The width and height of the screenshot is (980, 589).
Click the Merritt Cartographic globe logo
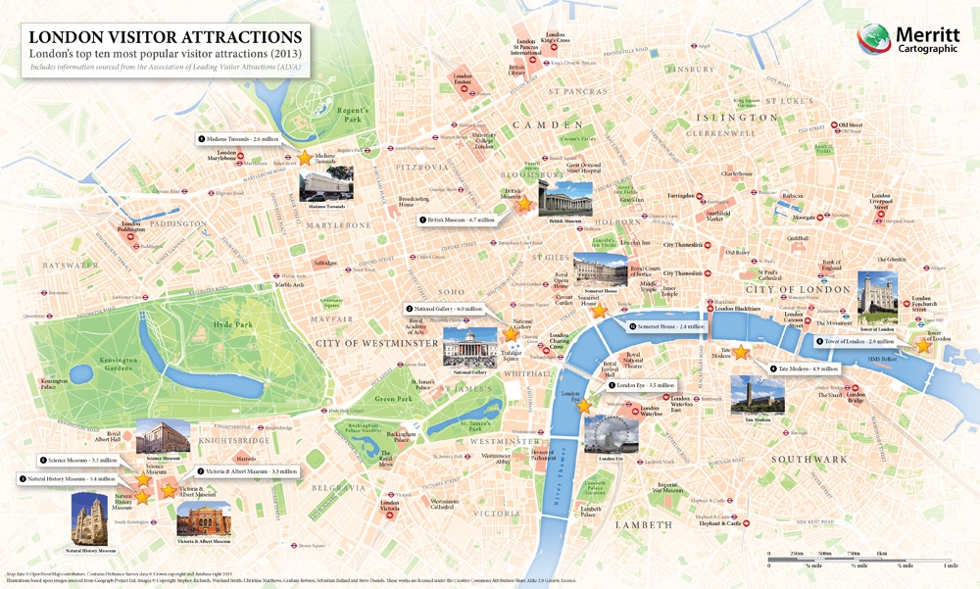coord(874,40)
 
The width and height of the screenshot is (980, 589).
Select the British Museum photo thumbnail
coord(565,199)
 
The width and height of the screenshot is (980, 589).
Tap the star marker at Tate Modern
coord(742,352)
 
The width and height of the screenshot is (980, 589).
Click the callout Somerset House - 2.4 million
coord(668,326)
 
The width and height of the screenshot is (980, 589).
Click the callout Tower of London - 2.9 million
coord(849,341)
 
